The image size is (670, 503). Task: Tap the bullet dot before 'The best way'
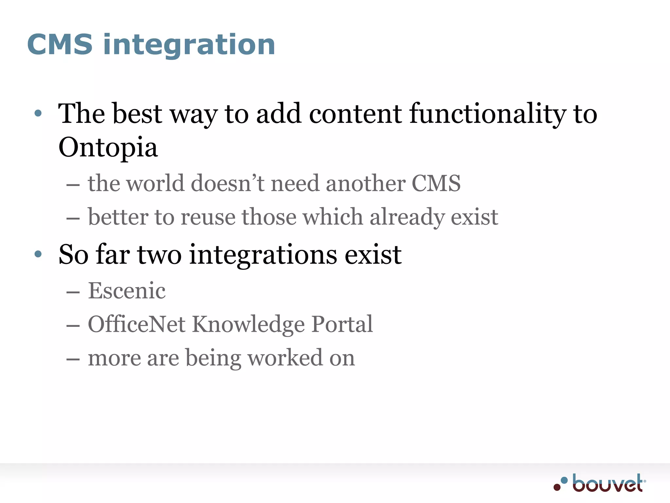pos(38,114)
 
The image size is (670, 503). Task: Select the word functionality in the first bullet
pos(487,114)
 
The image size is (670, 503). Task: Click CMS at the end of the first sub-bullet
pos(436,183)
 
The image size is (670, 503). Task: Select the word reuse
pos(208,217)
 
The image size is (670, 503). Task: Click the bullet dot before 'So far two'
pos(38,254)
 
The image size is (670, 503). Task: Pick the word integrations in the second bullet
pos(263,255)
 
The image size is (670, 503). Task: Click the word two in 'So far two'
pos(159,255)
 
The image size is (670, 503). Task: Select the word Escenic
pos(127,291)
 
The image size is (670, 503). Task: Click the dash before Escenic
pos(73,292)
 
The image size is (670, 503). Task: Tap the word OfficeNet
pos(137,324)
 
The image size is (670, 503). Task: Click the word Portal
pos(342,324)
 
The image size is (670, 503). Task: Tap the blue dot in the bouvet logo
pos(564,480)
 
